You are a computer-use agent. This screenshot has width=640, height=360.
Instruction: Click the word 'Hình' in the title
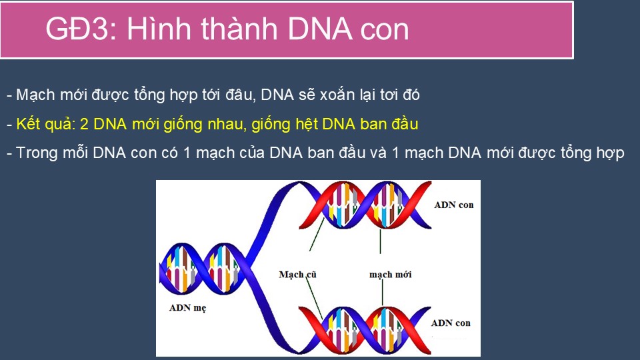click(159, 29)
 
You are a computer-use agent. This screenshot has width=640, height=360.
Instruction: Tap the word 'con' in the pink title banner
click(385, 30)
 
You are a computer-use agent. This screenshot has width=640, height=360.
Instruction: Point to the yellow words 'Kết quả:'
click(46, 125)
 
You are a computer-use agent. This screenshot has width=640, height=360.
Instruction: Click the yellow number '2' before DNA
click(84, 124)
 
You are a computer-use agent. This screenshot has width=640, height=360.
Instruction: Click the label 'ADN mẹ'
click(188, 308)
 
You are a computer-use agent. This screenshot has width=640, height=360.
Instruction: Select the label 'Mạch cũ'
click(297, 274)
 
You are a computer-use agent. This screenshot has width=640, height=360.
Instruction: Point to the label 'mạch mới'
click(390, 274)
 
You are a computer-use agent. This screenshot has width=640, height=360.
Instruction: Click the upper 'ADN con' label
click(454, 205)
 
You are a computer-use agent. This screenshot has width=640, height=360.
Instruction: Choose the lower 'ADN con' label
click(451, 323)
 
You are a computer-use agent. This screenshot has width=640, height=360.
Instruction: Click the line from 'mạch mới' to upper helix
click(381, 241)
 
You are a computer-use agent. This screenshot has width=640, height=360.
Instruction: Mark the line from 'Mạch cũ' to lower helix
click(314, 299)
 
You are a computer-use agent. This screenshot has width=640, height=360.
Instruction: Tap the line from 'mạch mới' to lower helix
click(383, 293)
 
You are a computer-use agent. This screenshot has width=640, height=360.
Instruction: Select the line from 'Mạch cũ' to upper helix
click(317, 234)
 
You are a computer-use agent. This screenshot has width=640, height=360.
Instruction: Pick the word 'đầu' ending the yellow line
click(405, 124)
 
